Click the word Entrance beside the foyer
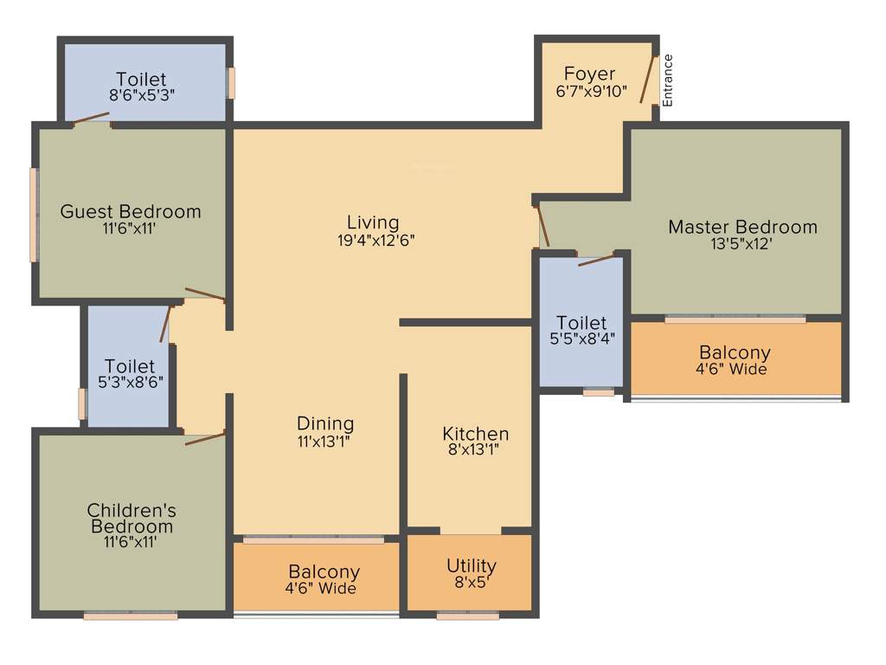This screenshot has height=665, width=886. point(667,81)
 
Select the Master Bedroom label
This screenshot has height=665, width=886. point(742,227)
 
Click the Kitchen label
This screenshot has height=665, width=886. point(475,433)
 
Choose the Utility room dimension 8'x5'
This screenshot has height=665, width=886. point(472,582)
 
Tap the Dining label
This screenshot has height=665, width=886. point(325,423)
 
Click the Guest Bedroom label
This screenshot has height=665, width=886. point(130,211)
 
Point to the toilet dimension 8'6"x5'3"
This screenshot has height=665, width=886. point(142,96)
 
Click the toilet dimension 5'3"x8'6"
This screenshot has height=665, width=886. point(131,380)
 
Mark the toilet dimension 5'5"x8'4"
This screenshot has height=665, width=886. point(581,339)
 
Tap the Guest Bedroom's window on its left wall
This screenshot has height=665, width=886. point(34,215)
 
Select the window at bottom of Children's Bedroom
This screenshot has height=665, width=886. point(131,616)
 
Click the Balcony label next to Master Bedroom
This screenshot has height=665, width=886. point(735,352)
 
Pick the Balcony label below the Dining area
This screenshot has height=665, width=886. point(324,572)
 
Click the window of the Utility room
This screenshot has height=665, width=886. point(467,616)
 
